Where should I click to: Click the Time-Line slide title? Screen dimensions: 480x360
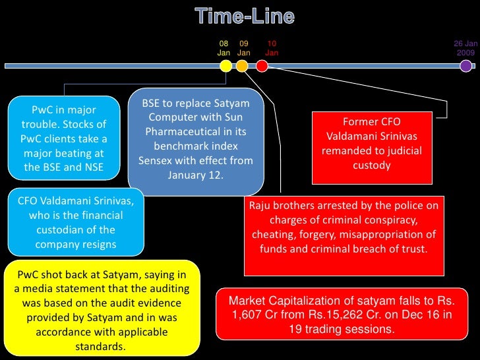(245, 16)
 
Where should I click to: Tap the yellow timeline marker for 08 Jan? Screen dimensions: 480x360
(225, 65)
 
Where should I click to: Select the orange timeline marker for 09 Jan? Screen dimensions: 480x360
(242, 65)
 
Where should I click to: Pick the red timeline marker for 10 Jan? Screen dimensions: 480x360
(262, 65)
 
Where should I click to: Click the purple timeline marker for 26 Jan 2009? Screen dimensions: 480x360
(465, 65)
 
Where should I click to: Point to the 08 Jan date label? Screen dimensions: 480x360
(224, 47)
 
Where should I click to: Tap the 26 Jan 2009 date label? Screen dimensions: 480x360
(465, 47)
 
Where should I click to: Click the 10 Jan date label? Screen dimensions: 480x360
(272, 47)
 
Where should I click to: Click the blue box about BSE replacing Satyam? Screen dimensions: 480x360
(196, 140)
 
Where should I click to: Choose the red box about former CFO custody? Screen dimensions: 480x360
(371, 144)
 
